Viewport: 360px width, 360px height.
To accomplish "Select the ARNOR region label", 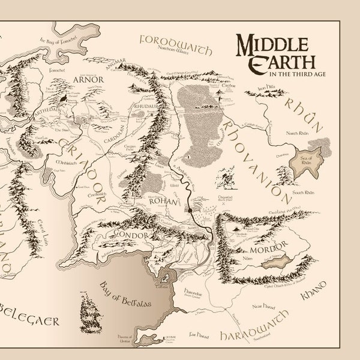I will pyautogui.click(x=89, y=79).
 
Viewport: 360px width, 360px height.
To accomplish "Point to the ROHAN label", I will pyautogui.click(x=163, y=202).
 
